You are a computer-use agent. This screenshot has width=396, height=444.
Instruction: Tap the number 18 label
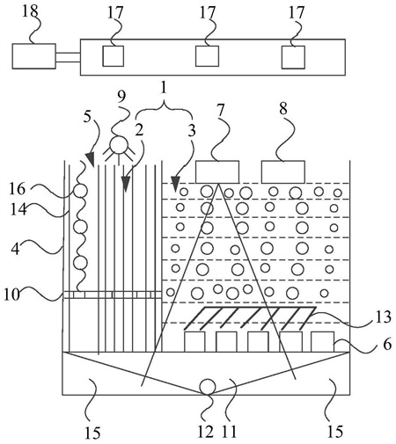pyautogui.click(x=30, y=11)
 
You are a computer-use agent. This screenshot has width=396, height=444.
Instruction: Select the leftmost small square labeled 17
pyautogui.click(x=113, y=56)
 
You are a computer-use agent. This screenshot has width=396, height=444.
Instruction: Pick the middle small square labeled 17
pyautogui.click(x=207, y=56)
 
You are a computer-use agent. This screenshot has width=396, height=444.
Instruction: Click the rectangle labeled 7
pyautogui.click(x=217, y=171)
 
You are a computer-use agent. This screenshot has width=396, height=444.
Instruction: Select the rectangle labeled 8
pyautogui.click(x=283, y=171)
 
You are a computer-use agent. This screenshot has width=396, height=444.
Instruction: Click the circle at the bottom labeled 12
pyautogui.click(x=208, y=387)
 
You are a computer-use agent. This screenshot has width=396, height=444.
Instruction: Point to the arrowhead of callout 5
pyautogui.click(x=91, y=159)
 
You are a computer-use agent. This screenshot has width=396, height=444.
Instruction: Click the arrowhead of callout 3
pyautogui.click(x=175, y=183)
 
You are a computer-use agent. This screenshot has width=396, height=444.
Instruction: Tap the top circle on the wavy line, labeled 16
pyautogui.click(x=80, y=191)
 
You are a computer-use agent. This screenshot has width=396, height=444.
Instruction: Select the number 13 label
pyautogui.click(x=383, y=317)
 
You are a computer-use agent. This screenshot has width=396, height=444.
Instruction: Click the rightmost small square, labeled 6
pyautogui.click(x=322, y=342)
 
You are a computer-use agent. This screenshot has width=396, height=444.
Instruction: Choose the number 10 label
pyautogui.click(x=12, y=295)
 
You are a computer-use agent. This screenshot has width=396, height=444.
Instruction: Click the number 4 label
pyautogui.click(x=15, y=250)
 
